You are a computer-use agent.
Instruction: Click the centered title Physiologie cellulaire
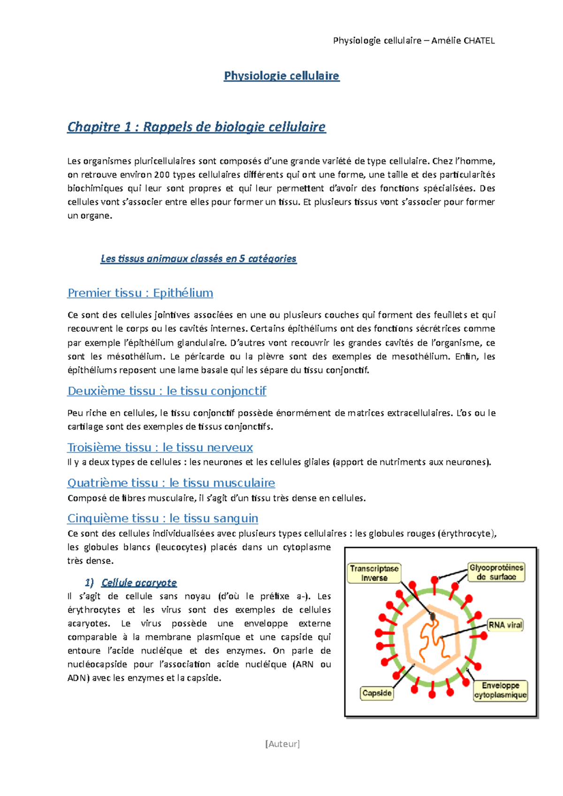[281, 76]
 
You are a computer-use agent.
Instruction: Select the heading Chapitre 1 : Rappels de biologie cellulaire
[196, 127]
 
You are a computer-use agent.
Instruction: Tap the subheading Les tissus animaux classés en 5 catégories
[198, 259]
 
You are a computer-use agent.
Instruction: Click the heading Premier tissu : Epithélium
[140, 293]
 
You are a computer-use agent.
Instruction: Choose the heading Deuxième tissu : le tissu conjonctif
[167, 391]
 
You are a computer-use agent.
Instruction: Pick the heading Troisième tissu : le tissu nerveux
[160, 448]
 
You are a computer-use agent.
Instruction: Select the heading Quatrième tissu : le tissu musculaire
[171, 483]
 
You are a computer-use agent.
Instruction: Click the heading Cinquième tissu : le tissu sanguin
[163, 518]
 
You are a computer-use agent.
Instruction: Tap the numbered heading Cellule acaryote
[139, 583]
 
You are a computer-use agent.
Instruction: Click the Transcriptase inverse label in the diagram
[374, 573]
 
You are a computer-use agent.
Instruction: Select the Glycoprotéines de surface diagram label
[496, 572]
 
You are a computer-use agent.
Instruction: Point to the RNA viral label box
[505, 625]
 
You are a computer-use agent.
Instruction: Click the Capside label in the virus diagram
[377, 693]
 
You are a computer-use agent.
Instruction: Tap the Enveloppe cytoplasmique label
[500, 691]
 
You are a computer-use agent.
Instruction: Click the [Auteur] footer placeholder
[282, 744]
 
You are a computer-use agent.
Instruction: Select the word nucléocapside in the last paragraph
[97, 664]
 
